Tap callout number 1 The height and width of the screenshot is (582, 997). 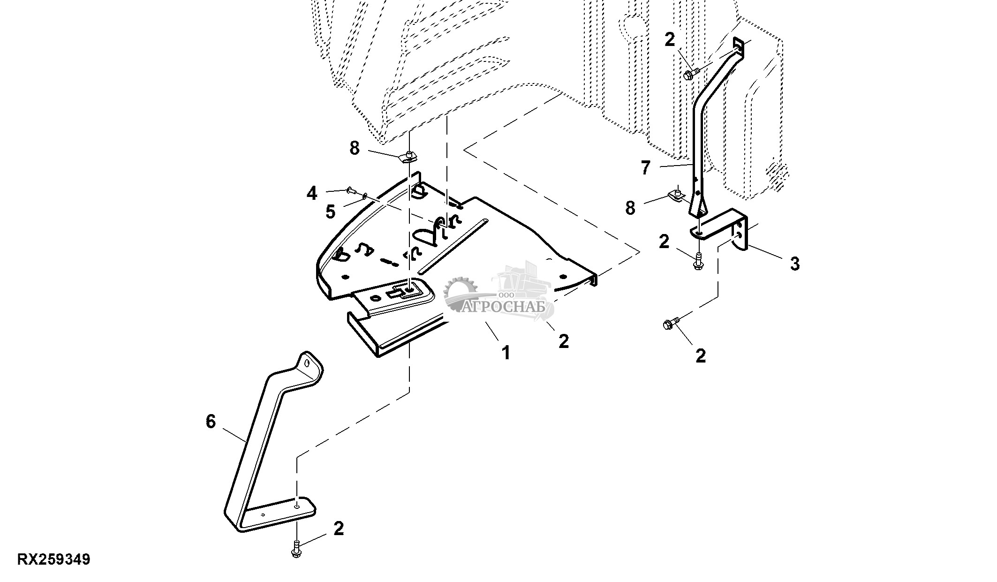[506, 352]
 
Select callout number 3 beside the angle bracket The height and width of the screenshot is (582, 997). [794, 264]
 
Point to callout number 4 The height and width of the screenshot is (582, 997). [312, 193]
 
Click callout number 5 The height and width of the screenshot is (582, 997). [331, 212]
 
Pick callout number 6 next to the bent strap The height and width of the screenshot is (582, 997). [211, 422]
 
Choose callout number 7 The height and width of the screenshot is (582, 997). [646, 168]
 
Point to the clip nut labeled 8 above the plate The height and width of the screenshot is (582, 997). [409, 157]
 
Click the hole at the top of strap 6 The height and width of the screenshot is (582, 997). [307, 363]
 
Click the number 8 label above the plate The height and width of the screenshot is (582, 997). [355, 148]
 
